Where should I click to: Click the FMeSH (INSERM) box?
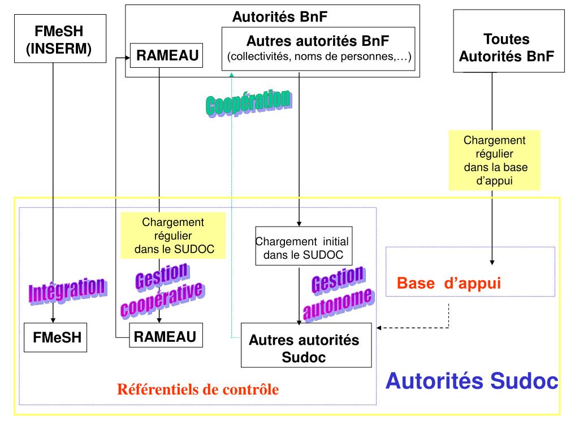(53, 38)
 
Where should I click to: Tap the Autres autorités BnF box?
(318, 49)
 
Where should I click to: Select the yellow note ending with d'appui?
(494, 160)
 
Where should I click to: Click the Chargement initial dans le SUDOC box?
(304, 247)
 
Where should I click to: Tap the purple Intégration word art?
(67, 289)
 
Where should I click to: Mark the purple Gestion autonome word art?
(338, 292)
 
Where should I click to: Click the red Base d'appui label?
(449, 283)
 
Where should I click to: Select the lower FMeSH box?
(57, 337)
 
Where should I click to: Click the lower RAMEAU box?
(165, 337)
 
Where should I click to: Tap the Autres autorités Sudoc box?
(306, 345)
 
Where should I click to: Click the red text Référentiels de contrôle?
(198, 389)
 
